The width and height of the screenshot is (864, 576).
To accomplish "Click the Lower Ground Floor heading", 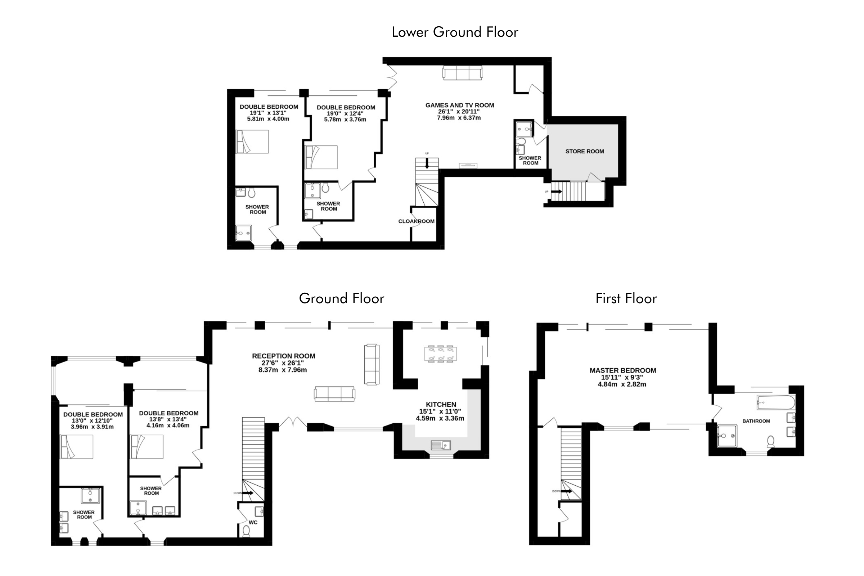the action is [x=455, y=32].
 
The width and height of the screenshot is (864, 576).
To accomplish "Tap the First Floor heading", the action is [x=626, y=298].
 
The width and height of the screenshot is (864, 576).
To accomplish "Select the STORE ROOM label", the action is [x=584, y=151].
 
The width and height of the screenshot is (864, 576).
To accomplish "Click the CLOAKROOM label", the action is [x=416, y=221].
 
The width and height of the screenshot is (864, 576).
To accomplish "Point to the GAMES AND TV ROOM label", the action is [x=460, y=105].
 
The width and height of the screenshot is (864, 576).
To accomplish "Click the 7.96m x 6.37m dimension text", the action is [x=459, y=118].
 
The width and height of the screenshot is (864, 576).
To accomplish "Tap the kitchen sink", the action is [x=441, y=445].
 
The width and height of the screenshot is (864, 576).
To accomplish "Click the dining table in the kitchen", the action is [x=440, y=354].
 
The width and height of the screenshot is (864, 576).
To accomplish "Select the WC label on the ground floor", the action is [x=253, y=522].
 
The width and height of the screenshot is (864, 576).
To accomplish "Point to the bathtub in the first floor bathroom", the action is [x=776, y=402].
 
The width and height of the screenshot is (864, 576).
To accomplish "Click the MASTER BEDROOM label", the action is [x=623, y=371].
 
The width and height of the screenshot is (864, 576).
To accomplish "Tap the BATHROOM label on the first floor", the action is [x=756, y=421].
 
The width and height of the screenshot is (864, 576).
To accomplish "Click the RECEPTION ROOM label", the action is [x=284, y=356].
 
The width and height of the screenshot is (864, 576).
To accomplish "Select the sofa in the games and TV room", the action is [x=463, y=73].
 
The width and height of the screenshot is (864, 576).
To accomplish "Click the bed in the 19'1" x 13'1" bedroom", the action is [x=252, y=141].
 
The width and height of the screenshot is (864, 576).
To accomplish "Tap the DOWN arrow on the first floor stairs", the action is [x=567, y=491].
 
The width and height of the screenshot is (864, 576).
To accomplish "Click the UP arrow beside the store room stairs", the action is [x=557, y=192].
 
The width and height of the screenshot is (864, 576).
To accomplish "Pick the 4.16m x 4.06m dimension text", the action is [x=168, y=426].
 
